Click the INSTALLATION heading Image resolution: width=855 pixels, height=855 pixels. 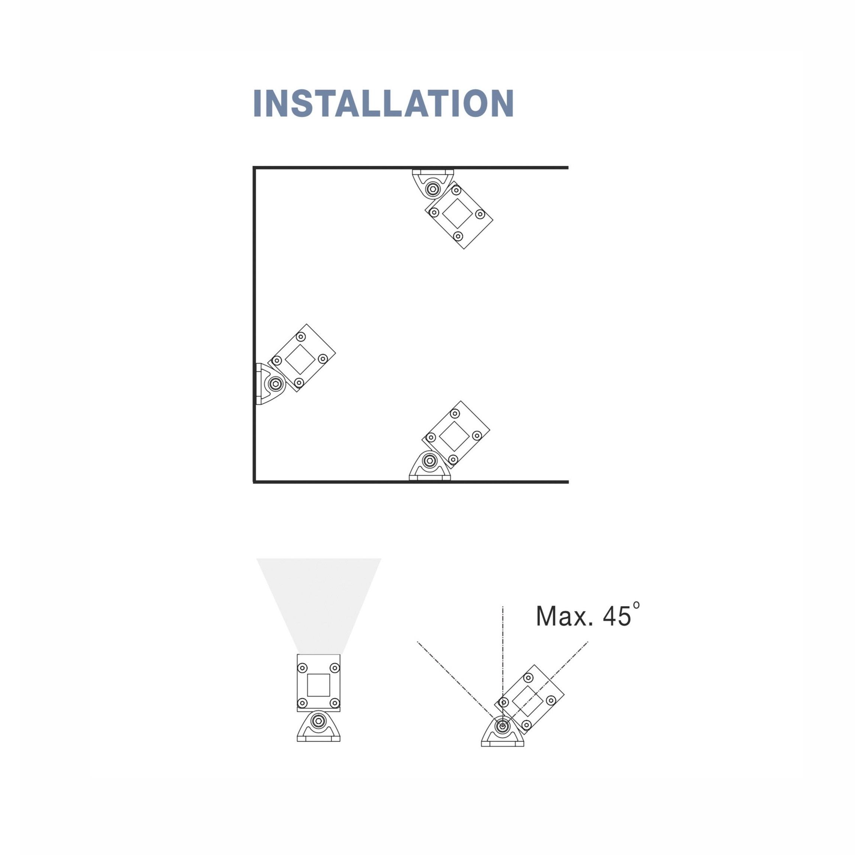coord(383,103)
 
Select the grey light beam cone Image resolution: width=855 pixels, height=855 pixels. coord(319,606)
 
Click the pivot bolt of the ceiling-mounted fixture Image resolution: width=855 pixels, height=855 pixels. coord(432,189)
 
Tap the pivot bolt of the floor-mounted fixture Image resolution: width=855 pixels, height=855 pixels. coord(429,461)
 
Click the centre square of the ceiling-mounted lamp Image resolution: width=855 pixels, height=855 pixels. coord(458,214)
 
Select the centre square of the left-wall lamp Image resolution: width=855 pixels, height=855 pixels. coord(300,359)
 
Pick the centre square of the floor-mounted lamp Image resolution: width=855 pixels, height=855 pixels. coord(454,436)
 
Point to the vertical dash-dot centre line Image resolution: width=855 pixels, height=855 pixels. coord(503,664)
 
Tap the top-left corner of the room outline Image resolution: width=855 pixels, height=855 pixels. coord(254,168)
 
